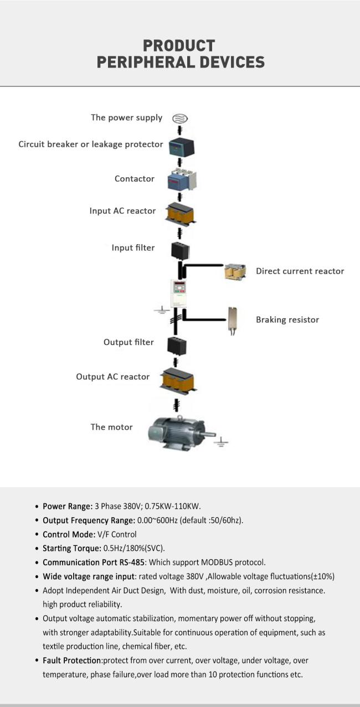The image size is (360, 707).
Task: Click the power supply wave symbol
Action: [x=180, y=118]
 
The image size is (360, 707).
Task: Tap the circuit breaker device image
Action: [x=181, y=147]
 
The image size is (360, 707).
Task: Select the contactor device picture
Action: [x=182, y=180]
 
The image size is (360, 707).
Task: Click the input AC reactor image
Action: [x=181, y=214]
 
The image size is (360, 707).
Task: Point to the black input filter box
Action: [x=180, y=251]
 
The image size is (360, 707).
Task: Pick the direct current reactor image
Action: [x=235, y=271]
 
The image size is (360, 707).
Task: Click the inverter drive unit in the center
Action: [x=178, y=293]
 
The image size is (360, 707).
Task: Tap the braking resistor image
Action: [x=233, y=321]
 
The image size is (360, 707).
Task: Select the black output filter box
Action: [x=177, y=346]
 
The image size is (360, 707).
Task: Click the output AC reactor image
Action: [x=178, y=379]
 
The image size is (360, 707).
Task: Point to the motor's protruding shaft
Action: [x=210, y=434]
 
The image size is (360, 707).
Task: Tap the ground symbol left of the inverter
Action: [x=162, y=310]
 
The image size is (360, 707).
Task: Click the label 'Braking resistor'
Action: [x=287, y=320]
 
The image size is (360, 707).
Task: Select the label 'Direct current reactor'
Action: [x=300, y=271]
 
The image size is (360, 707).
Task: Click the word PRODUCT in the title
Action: [x=179, y=46]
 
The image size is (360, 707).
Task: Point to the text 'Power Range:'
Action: [x=68, y=506]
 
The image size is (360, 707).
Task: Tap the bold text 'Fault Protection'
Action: [x=71, y=660]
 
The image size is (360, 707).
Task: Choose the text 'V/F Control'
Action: [x=117, y=534]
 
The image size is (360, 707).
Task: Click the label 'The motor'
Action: [x=111, y=427]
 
